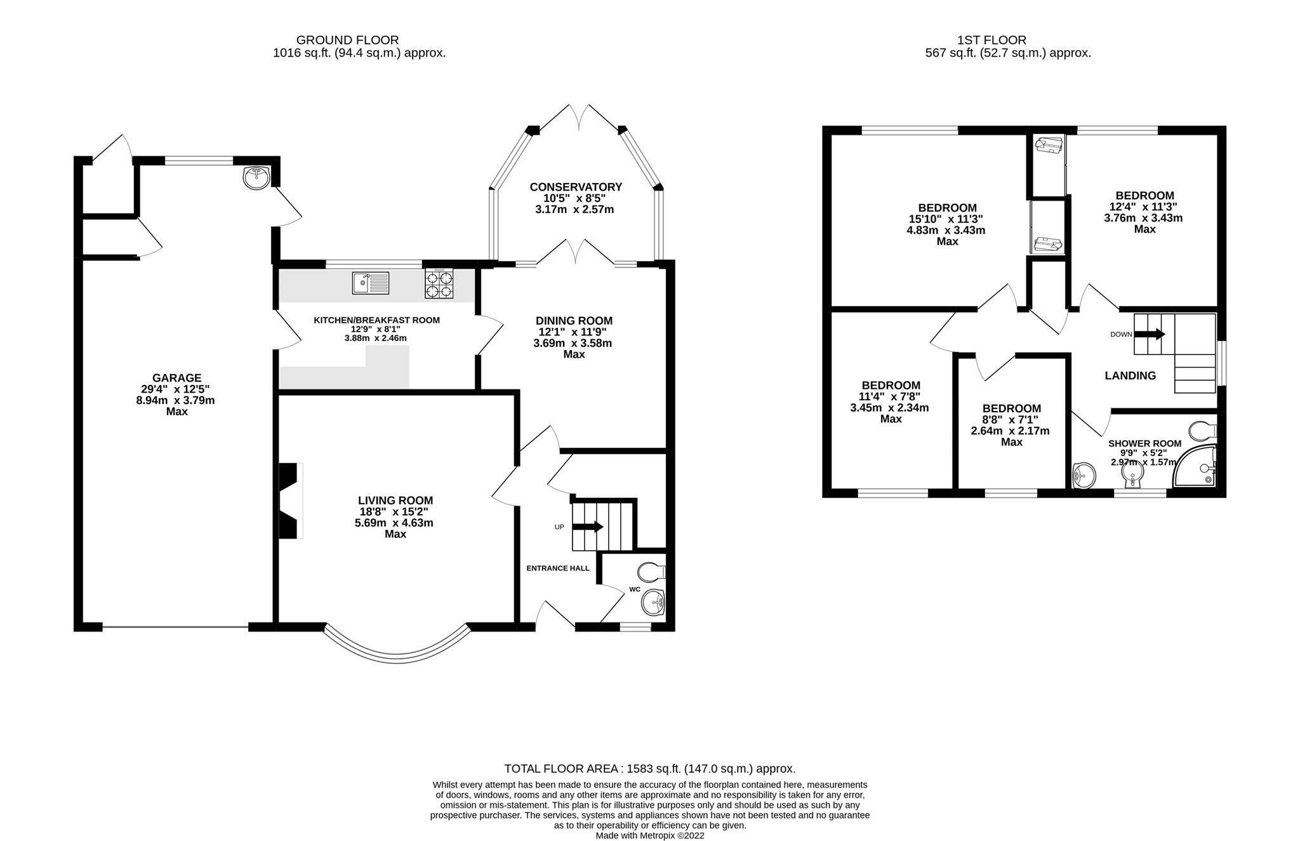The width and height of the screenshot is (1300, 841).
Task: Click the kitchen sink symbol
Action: tap(371, 283)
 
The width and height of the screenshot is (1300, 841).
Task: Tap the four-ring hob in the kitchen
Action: tap(439, 284)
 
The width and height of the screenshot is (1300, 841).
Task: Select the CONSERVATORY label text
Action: tap(576, 187)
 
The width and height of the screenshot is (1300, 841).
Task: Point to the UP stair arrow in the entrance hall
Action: tap(588, 527)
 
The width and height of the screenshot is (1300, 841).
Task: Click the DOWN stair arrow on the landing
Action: tap(1150, 333)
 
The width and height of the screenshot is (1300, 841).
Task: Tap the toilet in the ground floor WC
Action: tap(652, 572)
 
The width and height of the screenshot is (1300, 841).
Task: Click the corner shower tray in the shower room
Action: tap(1195, 466)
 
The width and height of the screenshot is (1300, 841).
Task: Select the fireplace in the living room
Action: tap(291, 502)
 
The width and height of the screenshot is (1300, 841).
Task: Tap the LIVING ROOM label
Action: tap(395, 501)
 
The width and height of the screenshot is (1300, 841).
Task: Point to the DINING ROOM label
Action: tap(574, 321)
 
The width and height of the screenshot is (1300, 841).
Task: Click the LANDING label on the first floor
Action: tap(1130, 375)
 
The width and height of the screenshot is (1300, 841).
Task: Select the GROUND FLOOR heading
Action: tap(347, 41)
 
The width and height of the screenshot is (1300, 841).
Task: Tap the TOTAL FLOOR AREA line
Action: tap(649, 769)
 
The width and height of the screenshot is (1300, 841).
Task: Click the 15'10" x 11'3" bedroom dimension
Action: tap(946, 219)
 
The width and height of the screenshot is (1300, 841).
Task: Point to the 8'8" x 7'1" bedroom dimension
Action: tap(1011, 420)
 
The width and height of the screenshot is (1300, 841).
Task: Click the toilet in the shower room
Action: tap(1202, 431)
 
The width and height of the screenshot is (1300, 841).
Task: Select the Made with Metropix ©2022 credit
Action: tap(649, 835)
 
